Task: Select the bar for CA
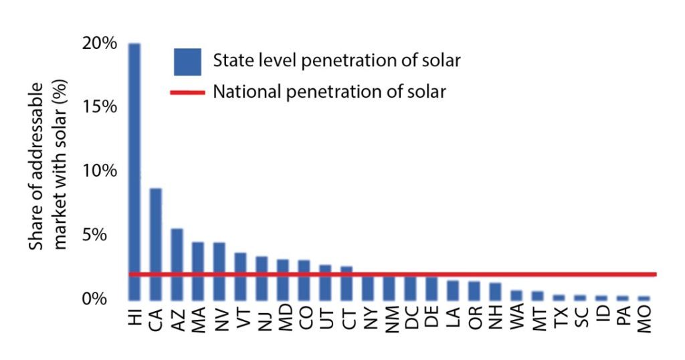click(156, 244)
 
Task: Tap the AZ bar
click(177, 264)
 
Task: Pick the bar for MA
click(198, 271)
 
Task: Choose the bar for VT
click(241, 276)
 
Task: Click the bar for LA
click(453, 290)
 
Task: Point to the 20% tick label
click(101, 43)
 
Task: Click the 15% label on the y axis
click(101, 107)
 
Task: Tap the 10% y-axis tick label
click(101, 171)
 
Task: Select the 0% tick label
click(104, 299)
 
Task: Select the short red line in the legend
click(187, 92)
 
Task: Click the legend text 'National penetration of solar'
click(329, 92)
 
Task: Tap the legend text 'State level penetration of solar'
click(336, 61)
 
